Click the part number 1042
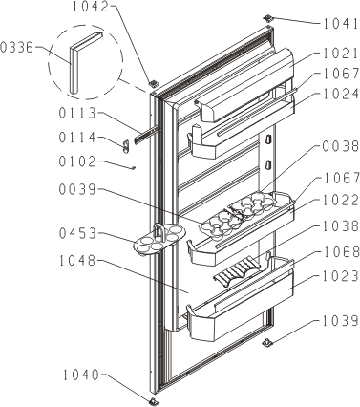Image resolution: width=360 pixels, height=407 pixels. [91, 7]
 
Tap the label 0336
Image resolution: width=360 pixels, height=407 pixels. [16, 48]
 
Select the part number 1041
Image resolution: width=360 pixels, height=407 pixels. [341, 24]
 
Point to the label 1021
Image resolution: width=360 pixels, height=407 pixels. [341, 54]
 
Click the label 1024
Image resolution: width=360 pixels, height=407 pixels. [341, 95]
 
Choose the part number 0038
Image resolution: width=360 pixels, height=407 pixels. [341, 146]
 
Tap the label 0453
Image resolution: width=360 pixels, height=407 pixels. [77, 233]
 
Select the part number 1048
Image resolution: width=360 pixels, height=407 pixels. [77, 261]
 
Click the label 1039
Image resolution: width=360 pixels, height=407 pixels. [341, 321]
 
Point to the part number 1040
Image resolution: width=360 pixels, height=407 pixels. [81, 375]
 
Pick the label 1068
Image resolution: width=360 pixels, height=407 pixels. [341, 252]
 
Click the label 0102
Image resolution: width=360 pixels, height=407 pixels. [77, 161]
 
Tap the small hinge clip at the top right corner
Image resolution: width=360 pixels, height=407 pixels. [268, 18]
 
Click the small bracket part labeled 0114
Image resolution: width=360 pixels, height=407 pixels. [126, 146]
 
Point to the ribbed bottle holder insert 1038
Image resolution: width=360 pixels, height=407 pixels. [237, 270]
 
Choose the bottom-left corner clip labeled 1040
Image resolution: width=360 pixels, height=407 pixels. [153, 400]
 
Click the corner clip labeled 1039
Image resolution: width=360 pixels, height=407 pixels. [267, 343]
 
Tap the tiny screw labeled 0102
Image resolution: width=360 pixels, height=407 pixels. [134, 167]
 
